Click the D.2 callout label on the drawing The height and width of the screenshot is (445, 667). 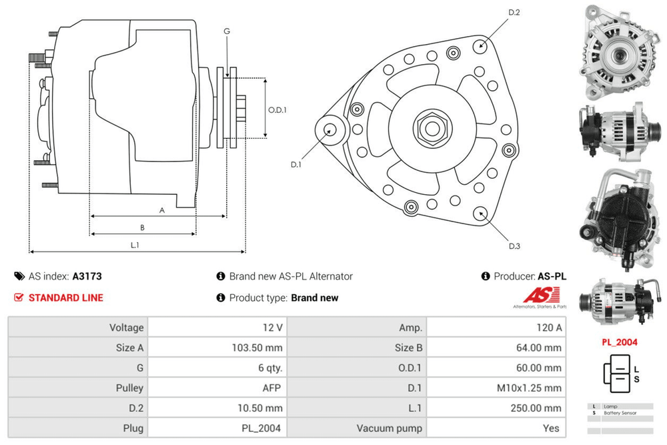[514, 13]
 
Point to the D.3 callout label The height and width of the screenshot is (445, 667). [514, 246]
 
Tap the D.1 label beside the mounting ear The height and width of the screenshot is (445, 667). [296, 164]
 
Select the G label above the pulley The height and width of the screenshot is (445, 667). [227, 32]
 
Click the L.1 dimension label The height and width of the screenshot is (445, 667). [134, 245]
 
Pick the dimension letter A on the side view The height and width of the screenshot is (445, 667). [161, 210]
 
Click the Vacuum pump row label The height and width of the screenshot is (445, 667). [390, 428]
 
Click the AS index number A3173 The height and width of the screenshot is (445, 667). [87, 276]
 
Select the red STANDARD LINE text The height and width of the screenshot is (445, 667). [65, 298]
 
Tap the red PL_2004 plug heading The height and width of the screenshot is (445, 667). [619, 342]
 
